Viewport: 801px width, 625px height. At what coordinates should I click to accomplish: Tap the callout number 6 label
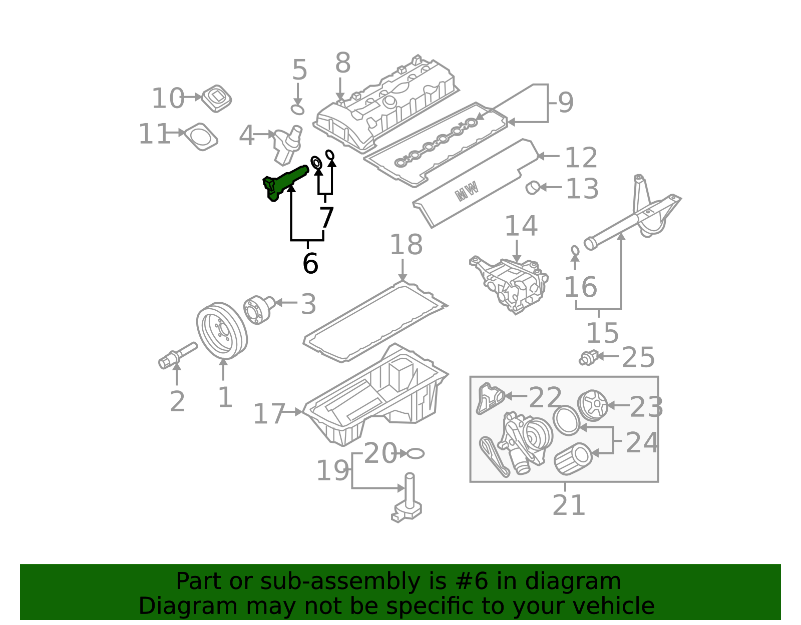[310, 263]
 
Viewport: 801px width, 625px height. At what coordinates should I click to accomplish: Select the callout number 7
[326, 218]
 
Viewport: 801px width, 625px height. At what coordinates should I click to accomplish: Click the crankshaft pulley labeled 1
[222, 330]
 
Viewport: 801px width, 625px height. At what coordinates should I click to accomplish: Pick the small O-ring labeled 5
[297, 109]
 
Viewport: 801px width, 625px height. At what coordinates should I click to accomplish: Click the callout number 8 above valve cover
[343, 64]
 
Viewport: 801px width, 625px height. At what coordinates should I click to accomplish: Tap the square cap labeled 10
[217, 99]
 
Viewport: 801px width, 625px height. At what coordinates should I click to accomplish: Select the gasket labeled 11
[201, 136]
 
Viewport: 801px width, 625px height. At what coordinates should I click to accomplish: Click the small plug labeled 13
[532, 188]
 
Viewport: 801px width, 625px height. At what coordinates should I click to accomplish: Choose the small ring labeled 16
[575, 250]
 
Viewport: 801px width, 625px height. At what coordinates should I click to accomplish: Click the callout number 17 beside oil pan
[269, 414]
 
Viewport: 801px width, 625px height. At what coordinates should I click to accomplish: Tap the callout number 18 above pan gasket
[406, 245]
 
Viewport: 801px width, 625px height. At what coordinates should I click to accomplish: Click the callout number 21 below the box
[569, 505]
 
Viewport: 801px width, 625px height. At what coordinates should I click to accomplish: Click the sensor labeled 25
[588, 357]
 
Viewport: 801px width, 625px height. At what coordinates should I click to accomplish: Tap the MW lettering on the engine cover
[467, 191]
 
